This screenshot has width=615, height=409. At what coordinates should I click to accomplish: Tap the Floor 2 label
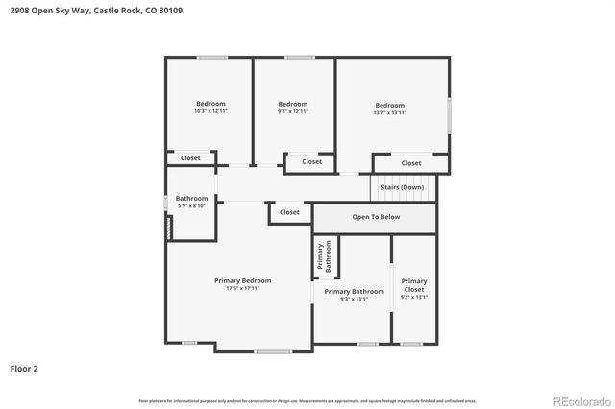pyautogui.click(x=24, y=368)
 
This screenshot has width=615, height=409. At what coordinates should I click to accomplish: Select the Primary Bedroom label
pyautogui.click(x=242, y=280)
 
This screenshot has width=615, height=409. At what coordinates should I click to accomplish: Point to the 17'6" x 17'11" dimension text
pyautogui.click(x=242, y=288)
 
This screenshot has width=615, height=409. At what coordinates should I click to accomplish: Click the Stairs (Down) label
pyautogui.click(x=402, y=187)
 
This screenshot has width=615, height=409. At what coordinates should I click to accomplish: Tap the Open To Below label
pyautogui.click(x=375, y=217)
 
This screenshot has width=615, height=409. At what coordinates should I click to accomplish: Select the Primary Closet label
pyautogui.click(x=414, y=285)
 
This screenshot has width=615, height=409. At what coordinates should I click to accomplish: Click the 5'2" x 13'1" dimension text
pyautogui.click(x=414, y=298)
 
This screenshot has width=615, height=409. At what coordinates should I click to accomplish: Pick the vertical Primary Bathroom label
pyautogui.click(x=323, y=257)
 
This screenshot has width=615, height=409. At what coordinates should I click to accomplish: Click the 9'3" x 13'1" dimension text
pyautogui.click(x=354, y=299)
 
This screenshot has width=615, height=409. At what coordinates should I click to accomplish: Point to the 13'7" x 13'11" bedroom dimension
pyautogui.click(x=389, y=112)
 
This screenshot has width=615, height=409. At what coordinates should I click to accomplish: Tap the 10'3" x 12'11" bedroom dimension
pyautogui.click(x=210, y=111)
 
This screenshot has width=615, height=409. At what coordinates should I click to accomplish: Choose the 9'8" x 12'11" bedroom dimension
pyautogui.click(x=292, y=111)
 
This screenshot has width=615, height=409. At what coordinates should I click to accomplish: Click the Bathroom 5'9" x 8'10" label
pyautogui.click(x=191, y=202)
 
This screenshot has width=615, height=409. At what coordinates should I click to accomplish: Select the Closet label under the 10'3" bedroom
pyautogui.click(x=190, y=157)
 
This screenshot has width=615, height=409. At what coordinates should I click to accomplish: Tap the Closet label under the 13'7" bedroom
pyautogui.click(x=410, y=163)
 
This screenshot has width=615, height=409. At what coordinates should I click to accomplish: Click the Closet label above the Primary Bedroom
pyautogui.click(x=289, y=212)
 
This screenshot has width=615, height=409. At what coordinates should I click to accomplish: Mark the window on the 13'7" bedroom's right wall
pyautogui.click(x=449, y=114)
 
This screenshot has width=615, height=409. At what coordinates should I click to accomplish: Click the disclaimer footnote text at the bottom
pyautogui.click(x=307, y=400)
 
